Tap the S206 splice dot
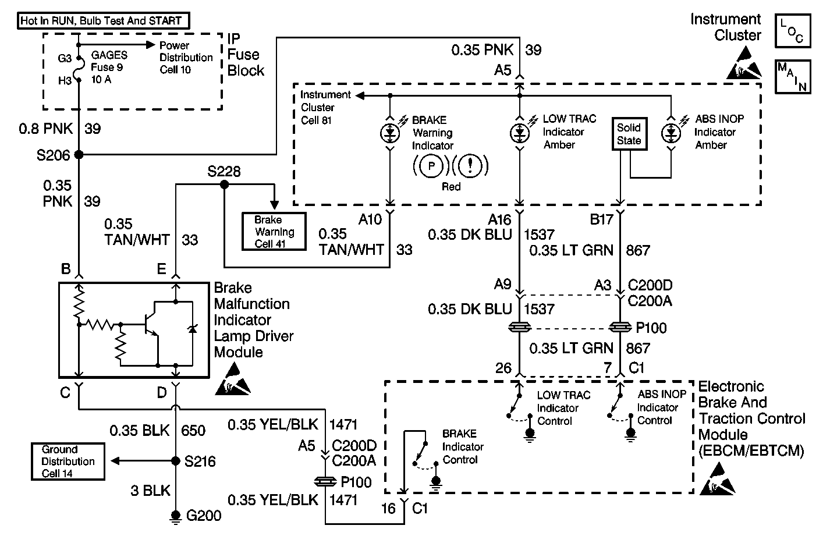pyautogui.click(x=79, y=155)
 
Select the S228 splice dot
pyautogui.click(x=224, y=184)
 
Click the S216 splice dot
pyautogui.click(x=176, y=461)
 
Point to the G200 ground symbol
pyautogui.click(x=176, y=516)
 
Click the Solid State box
pyautogui.click(x=629, y=134)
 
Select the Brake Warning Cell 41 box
pyautogui.click(x=275, y=232)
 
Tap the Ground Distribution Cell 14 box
pyautogui.click(x=68, y=462)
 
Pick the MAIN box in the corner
pyautogui.click(x=792, y=76)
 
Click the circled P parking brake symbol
pyautogui.click(x=432, y=166)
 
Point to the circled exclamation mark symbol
pyautogui.click(x=470, y=166)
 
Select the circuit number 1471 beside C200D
pyautogui.click(x=343, y=424)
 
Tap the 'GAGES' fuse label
pyautogui.click(x=109, y=56)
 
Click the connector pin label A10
pyautogui.click(x=370, y=219)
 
